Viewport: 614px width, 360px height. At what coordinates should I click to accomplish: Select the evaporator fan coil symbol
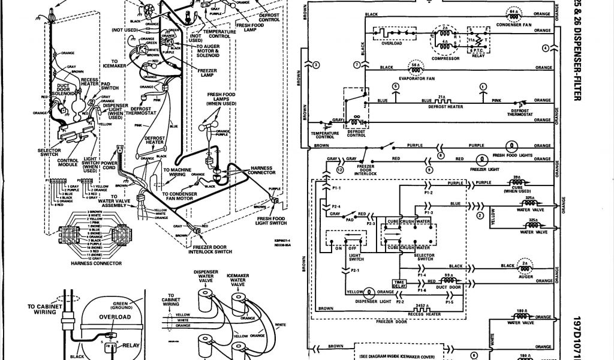tap(416, 68)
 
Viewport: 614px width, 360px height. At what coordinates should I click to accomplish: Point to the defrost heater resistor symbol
tap(441, 100)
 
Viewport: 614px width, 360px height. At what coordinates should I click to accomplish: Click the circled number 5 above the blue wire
tap(395, 86)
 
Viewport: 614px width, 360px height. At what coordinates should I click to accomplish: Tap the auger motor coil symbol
tap(525, 266)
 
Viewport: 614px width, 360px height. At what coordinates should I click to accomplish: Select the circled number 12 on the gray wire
tap(340, 170)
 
